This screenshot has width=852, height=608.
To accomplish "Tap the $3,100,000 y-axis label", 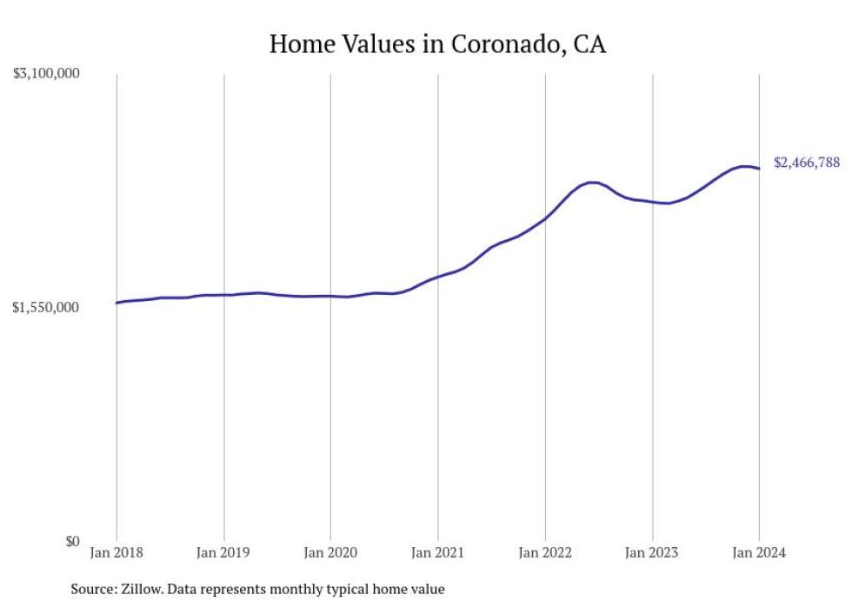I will [46, 74].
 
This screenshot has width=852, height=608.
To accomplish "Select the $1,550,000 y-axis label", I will [46, 307].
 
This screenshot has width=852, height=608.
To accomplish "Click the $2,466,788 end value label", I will [807, 163].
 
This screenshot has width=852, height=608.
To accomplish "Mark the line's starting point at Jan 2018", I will [116, 303].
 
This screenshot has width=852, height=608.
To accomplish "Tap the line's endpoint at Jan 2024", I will [759, 169].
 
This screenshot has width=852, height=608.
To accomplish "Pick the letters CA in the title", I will [589, 43].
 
